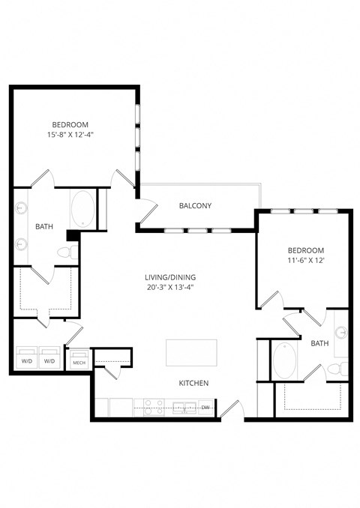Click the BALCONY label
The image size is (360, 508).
195,206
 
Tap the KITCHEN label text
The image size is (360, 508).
193,383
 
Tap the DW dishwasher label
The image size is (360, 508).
205,408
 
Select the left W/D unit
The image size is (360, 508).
28,357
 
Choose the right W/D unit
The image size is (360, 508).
50,357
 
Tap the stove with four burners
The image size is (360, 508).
154,407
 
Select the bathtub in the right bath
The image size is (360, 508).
285,360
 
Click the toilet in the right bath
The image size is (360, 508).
340,369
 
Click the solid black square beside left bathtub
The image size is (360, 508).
72,235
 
